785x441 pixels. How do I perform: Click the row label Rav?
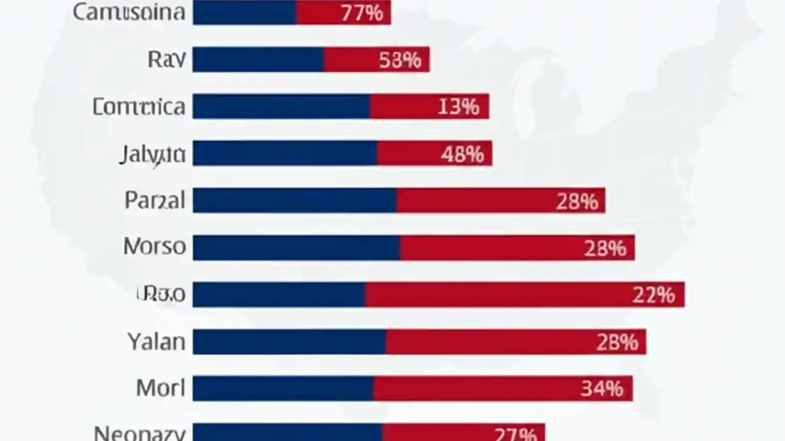[x=166, y=59]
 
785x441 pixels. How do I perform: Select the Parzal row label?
[x=155, y=200]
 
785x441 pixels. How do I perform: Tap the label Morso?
[x=155, y=246]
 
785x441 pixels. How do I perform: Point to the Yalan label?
[x=156, y=341]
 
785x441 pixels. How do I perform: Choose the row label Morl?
[x=160, y=388]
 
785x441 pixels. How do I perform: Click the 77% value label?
[x=361, y=13]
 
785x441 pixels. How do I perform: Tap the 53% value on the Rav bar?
[x=400, y=60]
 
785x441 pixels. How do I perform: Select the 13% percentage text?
[x=458, y=107]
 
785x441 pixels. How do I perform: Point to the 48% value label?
[x=462, y=154]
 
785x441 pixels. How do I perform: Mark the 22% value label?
[x=653, y=295]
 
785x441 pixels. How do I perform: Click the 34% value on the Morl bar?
[x=602, y=389]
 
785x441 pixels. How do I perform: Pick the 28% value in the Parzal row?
[x=576, y=202]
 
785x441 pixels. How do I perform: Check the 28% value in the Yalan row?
[x=617, y=342]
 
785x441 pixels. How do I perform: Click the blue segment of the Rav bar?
[x=258, y=60]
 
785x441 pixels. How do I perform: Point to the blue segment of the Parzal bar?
[x=294, y=201]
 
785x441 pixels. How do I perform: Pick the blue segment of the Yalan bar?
[x=289, y=342]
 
